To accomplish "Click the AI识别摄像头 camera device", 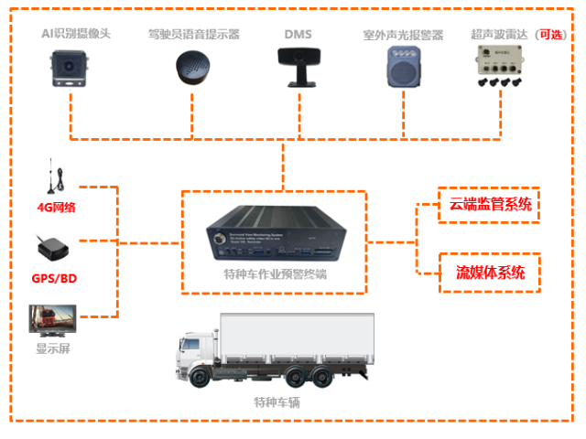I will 71,69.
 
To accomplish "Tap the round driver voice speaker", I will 193,68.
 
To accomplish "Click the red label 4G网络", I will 56,207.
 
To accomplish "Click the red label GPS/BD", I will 56,277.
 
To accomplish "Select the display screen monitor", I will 50,321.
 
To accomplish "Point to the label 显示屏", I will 52,348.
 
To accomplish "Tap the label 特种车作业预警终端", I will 275,274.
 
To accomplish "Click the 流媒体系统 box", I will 485,273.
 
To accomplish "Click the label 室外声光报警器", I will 402,35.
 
